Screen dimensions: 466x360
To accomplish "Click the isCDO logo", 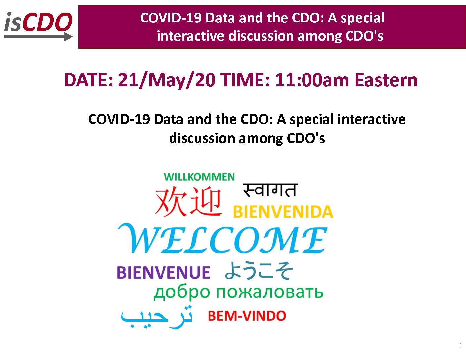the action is (x=38, y=26).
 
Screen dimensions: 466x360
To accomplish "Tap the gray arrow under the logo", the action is (x=38, y=37).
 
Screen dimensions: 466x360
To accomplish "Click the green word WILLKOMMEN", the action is (x=199, y=177).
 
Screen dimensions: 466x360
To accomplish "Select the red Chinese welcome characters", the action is (x=188, y=201).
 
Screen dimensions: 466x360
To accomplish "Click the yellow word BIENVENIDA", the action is (x=283, y=212).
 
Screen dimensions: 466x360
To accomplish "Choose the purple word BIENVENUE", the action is (x=163, y=272).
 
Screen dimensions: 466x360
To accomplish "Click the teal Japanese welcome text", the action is (x=259, y=271).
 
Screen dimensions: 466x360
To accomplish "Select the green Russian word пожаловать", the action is (x=269, y=292).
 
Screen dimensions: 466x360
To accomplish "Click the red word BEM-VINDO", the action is (x=247, y=316).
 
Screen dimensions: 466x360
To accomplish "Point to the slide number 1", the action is (x=462, y=345).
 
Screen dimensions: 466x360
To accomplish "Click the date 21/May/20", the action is (x=167, y=80).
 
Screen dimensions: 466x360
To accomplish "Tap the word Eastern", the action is (x=386, y=80).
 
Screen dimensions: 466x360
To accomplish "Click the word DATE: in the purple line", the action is (x=88, y=80).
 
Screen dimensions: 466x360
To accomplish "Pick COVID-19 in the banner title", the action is (x=171, y=18).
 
